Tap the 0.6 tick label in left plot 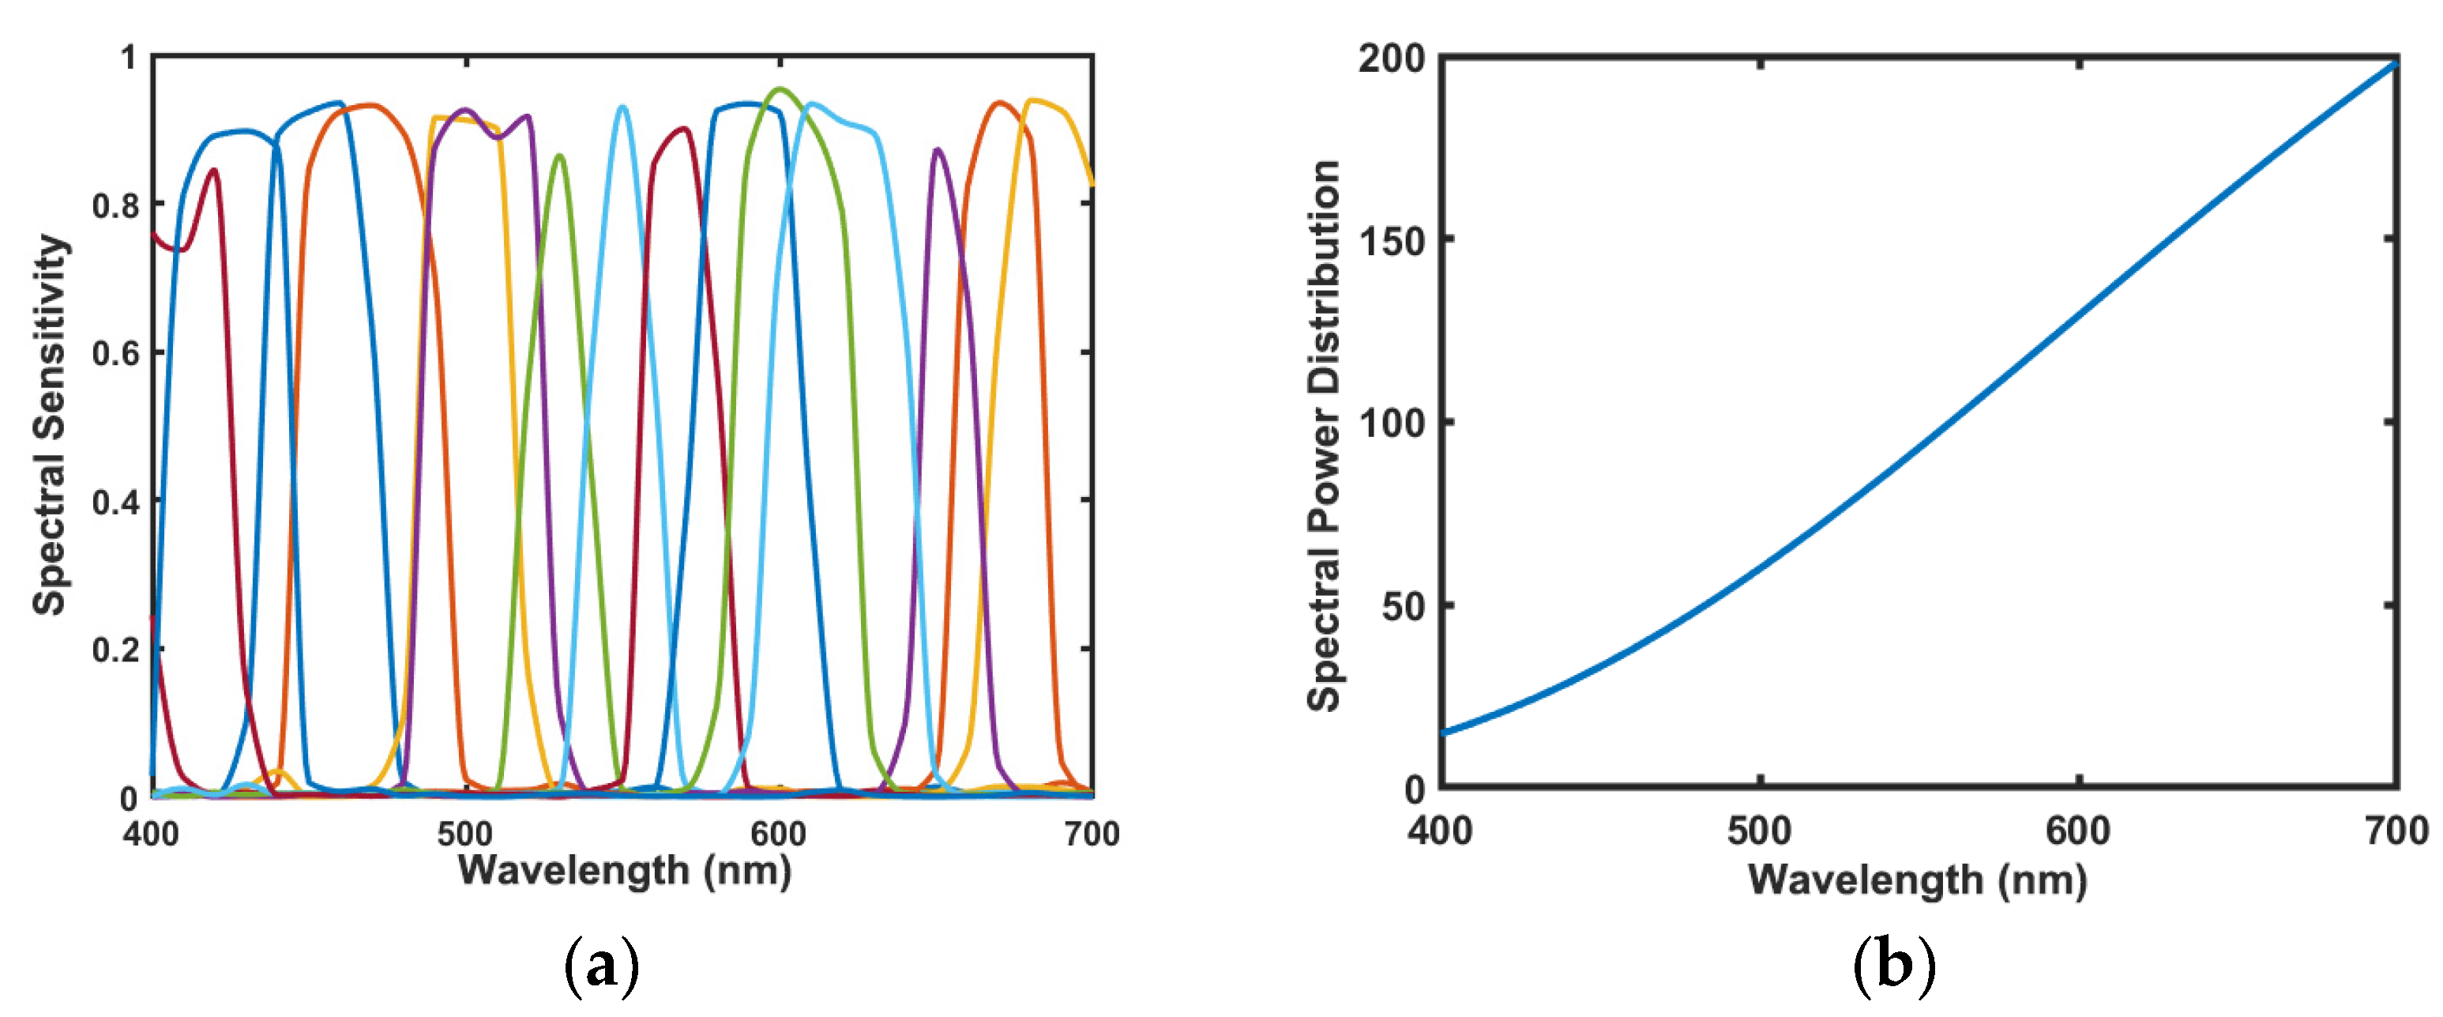(115, 354)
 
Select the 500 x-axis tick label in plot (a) (464, 834)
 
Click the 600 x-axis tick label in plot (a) (779, 834)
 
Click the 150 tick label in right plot (1393, 241)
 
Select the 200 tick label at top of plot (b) (1393, 58)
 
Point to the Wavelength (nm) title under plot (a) (624, 871)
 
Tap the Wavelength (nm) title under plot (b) (1917, 880)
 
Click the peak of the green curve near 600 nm (780, 90)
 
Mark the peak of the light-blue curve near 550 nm (622, 107)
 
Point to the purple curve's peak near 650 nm (937, 150)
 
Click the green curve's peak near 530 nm (559, 156)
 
